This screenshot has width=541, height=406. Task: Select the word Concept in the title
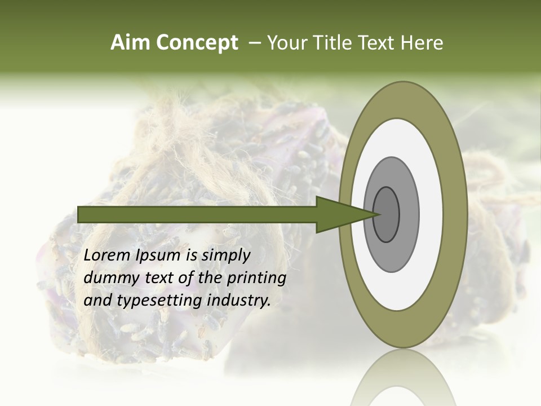click(x=197, y=43)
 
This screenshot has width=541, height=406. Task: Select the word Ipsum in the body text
click(x=158, y=255)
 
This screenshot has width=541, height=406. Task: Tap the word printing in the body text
click(x=256, y=278)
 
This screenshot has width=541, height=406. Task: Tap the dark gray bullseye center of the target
click(x=386, y=214)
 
